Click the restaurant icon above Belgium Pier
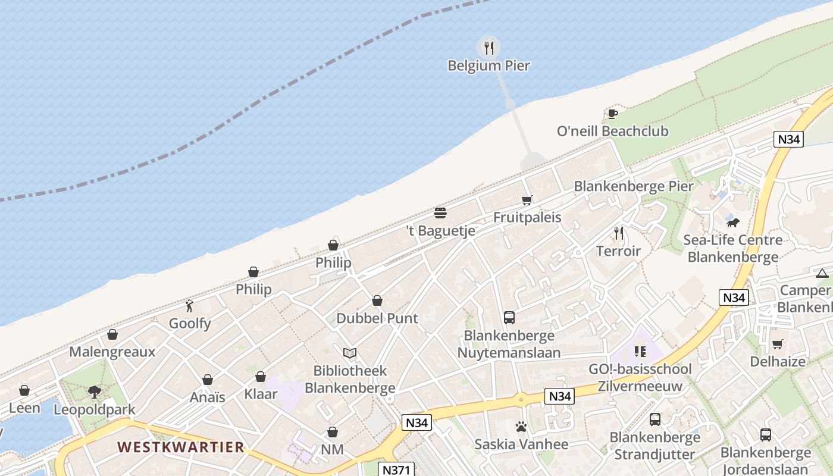(488, 48)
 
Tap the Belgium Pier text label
(488, 65)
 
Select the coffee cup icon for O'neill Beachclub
(612, 114)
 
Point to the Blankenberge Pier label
(633, 186)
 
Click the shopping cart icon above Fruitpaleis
(527, 200)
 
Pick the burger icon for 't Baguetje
(440, 213)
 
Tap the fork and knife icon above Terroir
(619, 233)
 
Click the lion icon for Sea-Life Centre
(732, 223)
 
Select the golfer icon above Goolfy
(190, 306)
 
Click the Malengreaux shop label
(112, 352)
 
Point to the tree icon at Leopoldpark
(94, 392)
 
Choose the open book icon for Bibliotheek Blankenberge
(350, 353)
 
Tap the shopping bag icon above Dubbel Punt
(377, 300)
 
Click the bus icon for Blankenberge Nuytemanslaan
(509, 318)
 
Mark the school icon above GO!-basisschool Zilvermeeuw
(640, 352)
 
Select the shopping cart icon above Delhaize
(777, 344)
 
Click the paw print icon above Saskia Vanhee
(521, 427)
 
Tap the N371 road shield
(396, 469)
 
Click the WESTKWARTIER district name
(180, 447)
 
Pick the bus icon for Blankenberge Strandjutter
(654, 419)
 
